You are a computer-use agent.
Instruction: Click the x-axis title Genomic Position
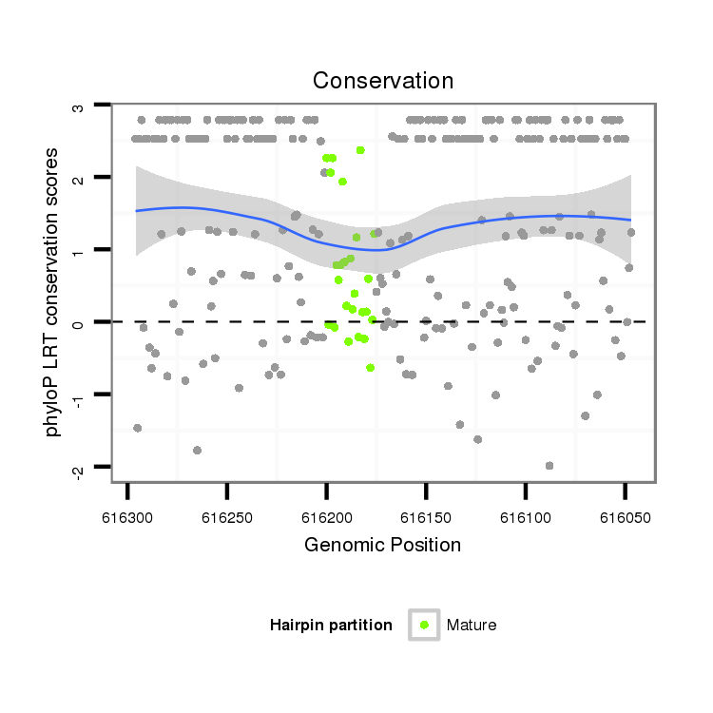tap(383, 545)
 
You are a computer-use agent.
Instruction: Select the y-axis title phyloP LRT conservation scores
tap(53, 291)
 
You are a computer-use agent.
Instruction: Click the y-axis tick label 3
tap(78, 106)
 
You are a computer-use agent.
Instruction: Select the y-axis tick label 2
tap(78, 179)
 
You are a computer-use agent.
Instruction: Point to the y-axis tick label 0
tap(78, 322)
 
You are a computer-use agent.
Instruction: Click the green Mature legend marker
tap(424, 625)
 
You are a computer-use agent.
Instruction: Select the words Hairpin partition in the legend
tap(331, 625)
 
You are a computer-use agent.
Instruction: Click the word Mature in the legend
tap(472, 625)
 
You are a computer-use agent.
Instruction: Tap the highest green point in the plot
tap(360, 150)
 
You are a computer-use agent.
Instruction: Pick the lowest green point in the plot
tap(370, 367)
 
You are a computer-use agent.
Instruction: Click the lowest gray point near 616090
tap(549, 465)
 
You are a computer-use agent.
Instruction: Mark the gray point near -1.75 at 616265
tap(197, 450)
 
